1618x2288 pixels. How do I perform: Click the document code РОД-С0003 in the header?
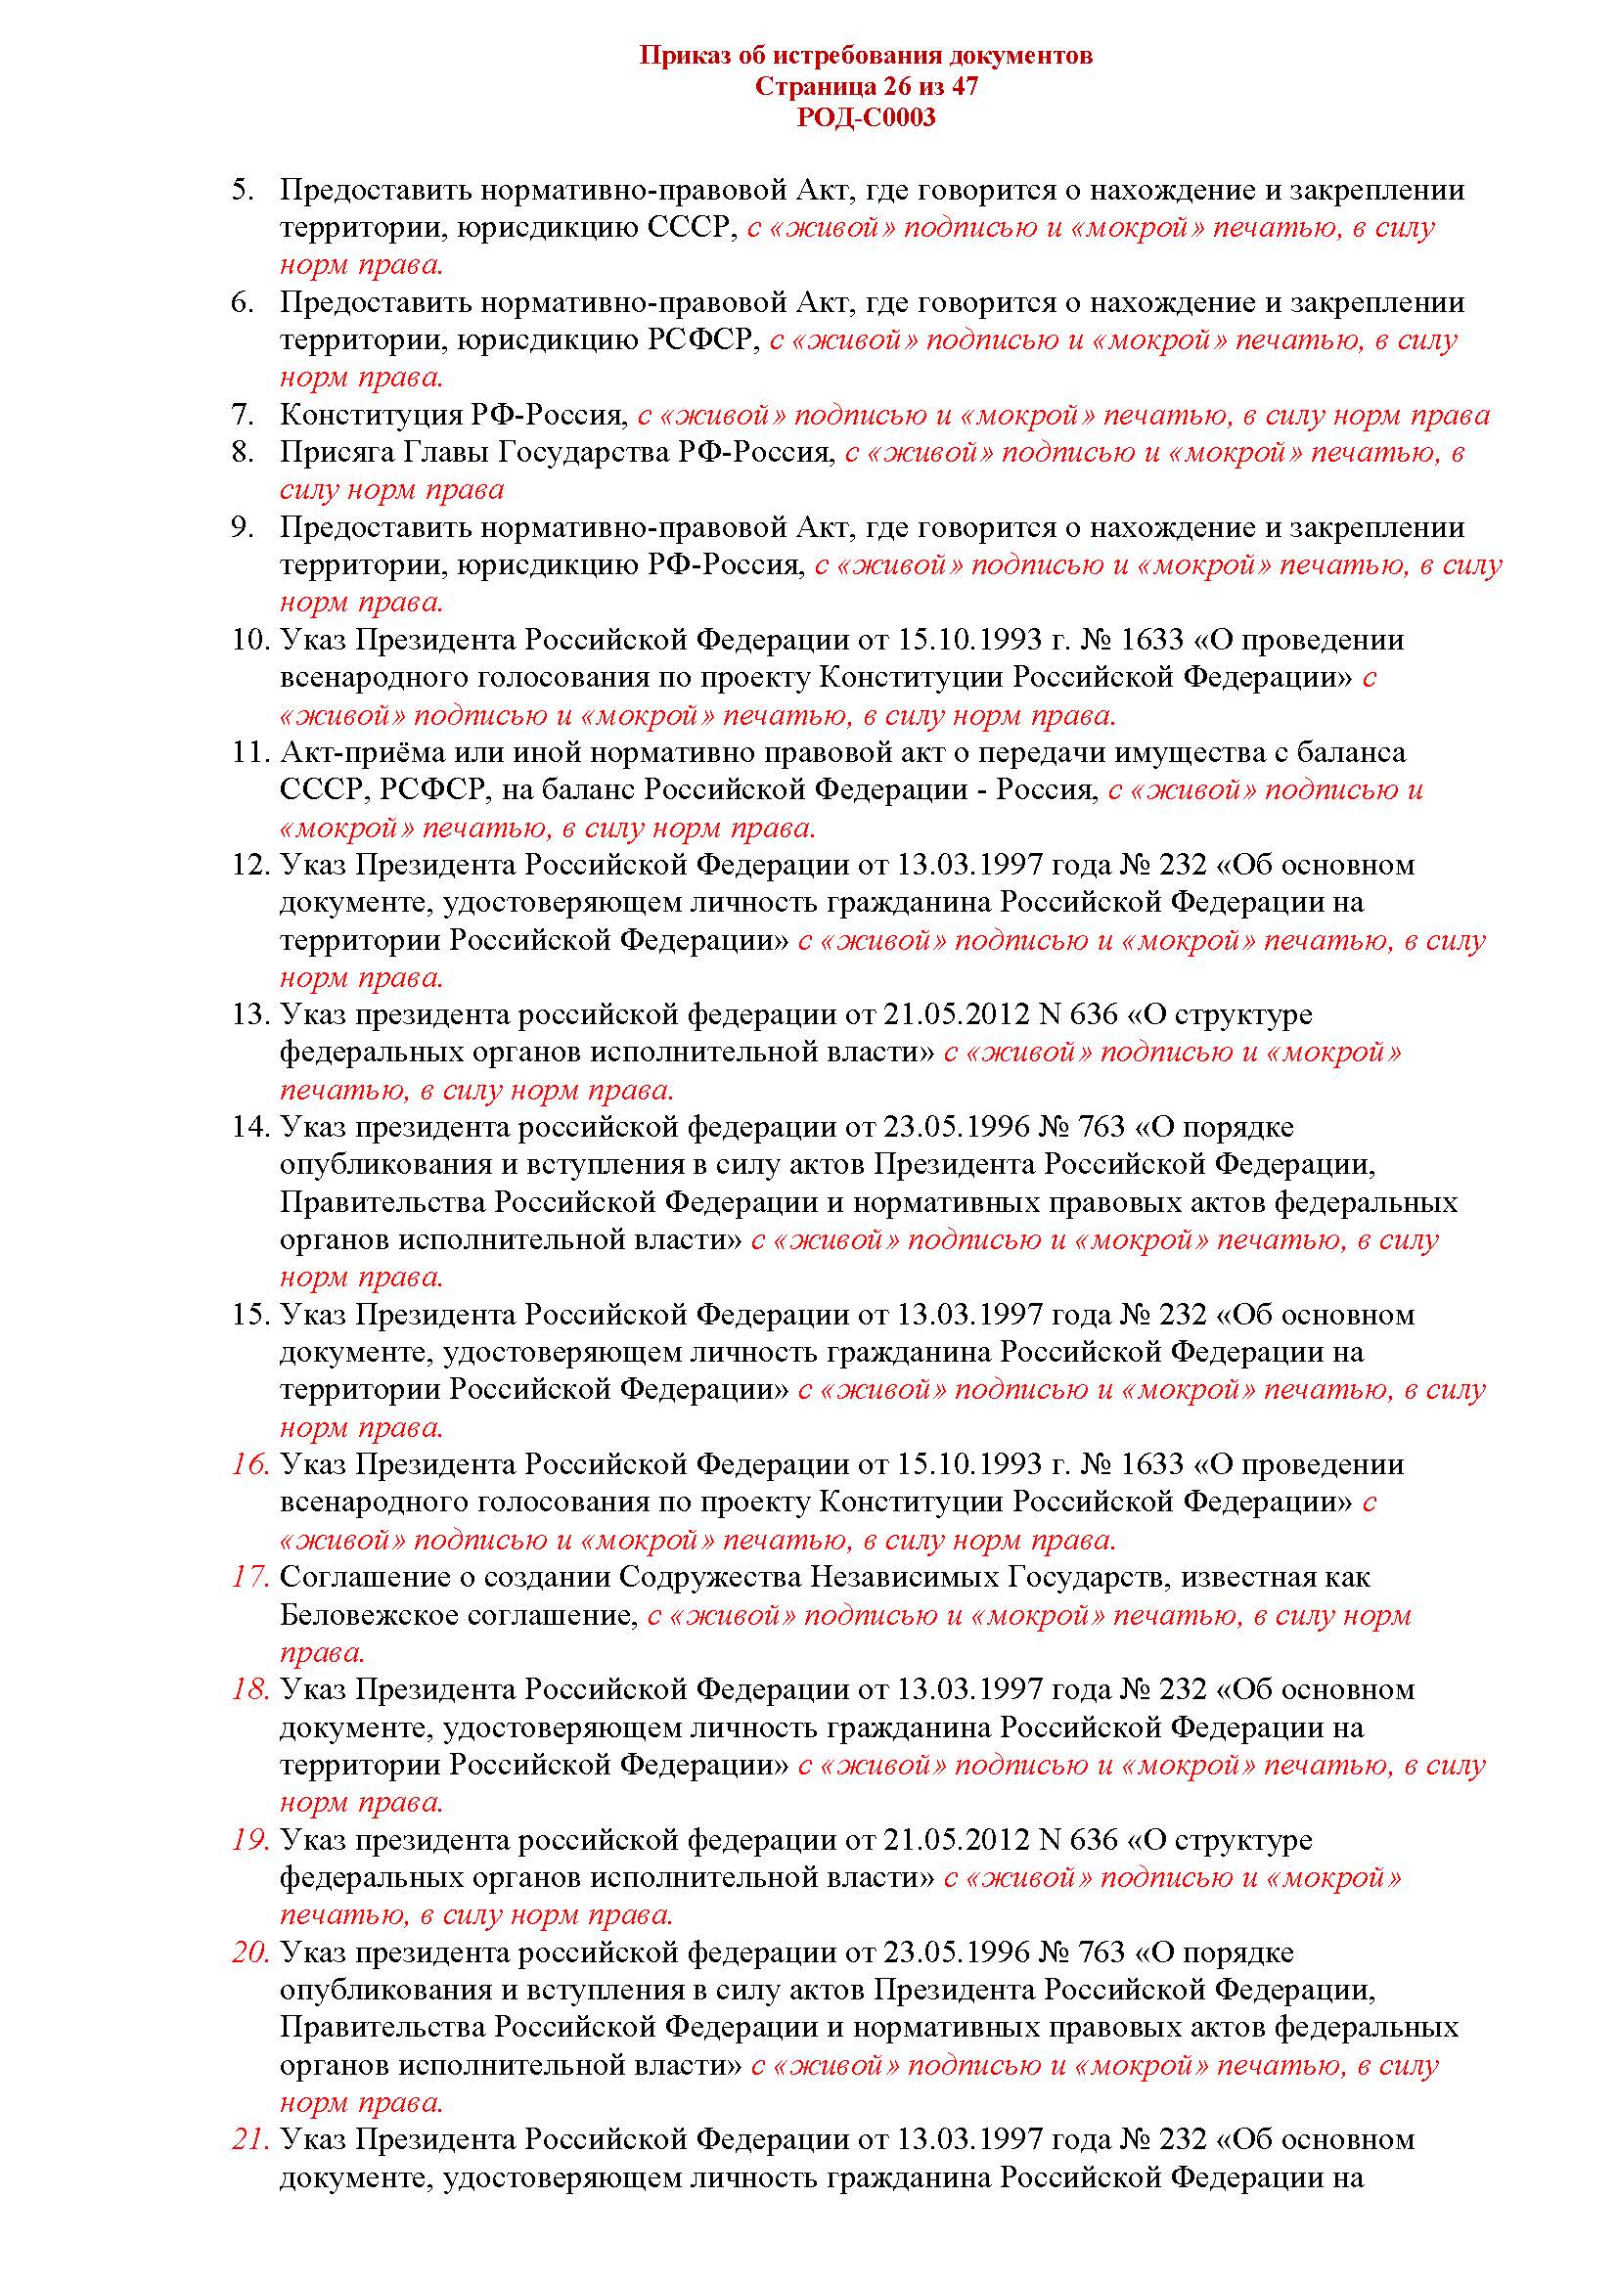[866, 117]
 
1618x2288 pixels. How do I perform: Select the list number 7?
[244, 415]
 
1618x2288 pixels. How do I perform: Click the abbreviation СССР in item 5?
[690, 227]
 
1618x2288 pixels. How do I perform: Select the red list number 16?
[250, 1465]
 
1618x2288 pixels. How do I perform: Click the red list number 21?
[250, 2139]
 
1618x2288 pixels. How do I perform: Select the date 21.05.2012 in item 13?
[956, 1014]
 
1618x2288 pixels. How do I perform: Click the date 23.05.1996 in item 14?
[956, 1127]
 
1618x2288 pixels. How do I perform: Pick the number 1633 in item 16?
[1151, 1465]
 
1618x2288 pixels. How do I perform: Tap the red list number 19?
[250, 1840]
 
